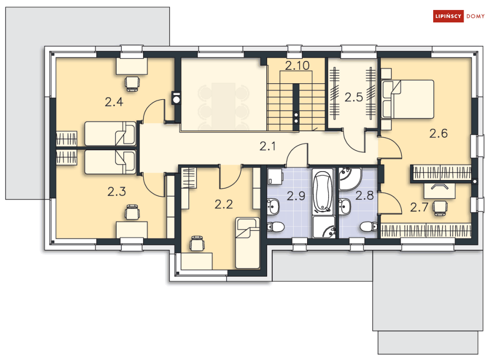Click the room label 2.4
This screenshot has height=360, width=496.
pyautogui.click(x=114, y=102)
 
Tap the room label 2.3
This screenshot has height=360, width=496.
pyautogui.click(x=116, y=191)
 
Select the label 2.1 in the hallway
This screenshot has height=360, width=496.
pyautogui.click(x=268, y=146)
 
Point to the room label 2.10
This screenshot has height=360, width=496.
pyautogui.click(x=297, y=65)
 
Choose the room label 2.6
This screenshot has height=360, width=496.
pyautogui.click(x=439, y=133)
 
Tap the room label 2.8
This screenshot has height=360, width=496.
pyautogui.click(x=364, y=195)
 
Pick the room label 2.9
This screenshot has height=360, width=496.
pyautogui.click(x=296, y=195)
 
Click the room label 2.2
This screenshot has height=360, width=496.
pyautogui.click(x=224, y=203)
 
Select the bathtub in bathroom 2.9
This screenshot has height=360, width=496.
pyautogui.click(x=323, y=191)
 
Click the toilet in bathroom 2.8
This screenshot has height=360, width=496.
pyautogui.click(x=368, y=227)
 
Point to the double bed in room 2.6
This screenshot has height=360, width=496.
pyautogui.click(x=407, y=99)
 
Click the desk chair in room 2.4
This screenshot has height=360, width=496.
pyautogui.click(x=132, y=82)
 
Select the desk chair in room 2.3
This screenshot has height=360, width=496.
pyautogui.click(x=132, y=212)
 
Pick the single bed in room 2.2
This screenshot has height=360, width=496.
pyautogui.click(x=247, y=242)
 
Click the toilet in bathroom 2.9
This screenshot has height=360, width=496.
pyautogui.click(x=275, y=227)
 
